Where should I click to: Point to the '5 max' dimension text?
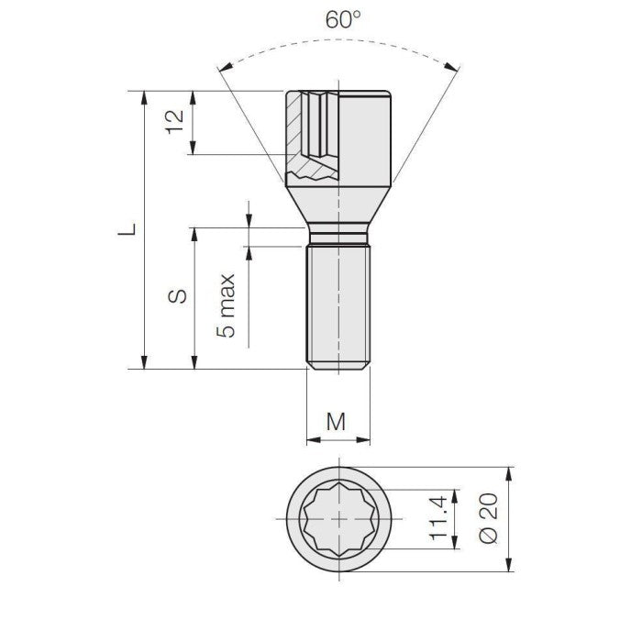(227, 306)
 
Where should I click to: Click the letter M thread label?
(337, 421)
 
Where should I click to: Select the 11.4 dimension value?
(438, 518)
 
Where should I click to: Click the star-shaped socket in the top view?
(338, 519)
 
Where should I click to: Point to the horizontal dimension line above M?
(337, 438)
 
